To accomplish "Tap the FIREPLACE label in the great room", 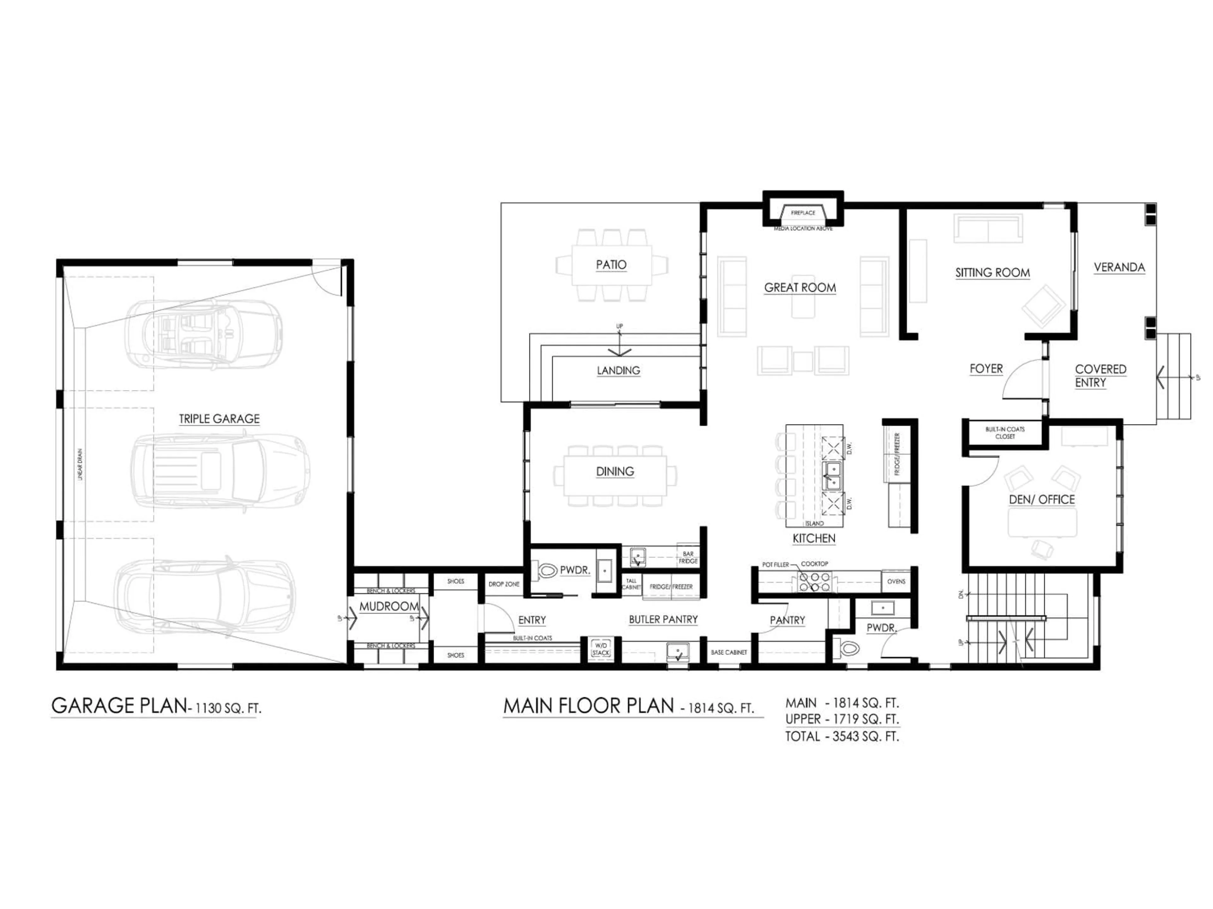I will pyautogui.click(x=803, y=213).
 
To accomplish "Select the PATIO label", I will pyautogui.click(x=611, y=264).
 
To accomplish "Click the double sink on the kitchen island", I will pyautogui.click(x=832, y=476).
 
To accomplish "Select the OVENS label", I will pyautogui.click(x=896, y=581).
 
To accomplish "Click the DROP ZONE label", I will pyautogui.click(x=504, y=584).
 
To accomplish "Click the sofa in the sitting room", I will pyautogui.click(x=988, y=229).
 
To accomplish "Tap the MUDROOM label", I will pyautogui.click(x=389, y=607).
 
